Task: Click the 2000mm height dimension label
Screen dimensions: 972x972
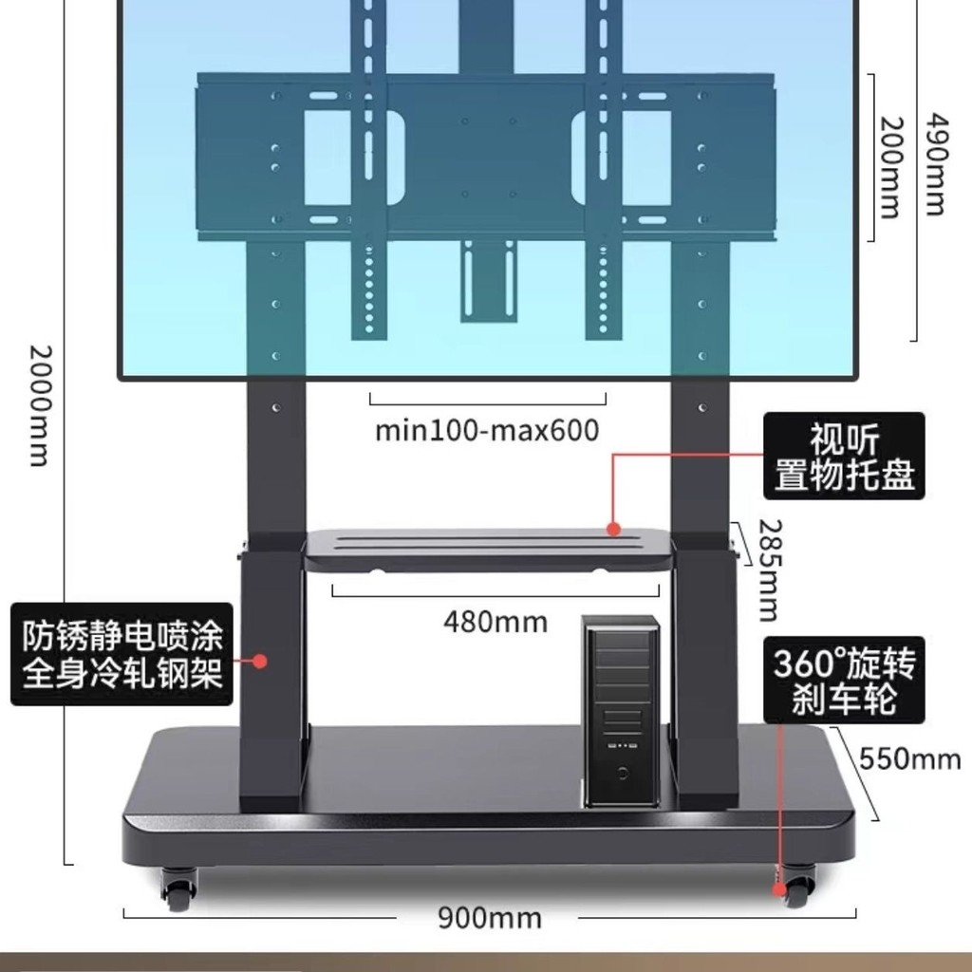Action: coord(41,405)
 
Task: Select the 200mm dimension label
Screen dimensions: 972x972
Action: coord(890,167)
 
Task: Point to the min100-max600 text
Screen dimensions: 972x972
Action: coord(487,430)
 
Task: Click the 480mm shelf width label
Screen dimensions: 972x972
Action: coord(495,622)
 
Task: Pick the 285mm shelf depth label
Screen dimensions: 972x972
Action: coord(769,570)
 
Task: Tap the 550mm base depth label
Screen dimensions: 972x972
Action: coord(910,758)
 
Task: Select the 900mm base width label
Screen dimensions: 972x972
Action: coord(490,918)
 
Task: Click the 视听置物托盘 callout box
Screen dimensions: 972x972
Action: coord(844,456)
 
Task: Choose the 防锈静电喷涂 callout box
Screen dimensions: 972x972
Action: coord(122,654)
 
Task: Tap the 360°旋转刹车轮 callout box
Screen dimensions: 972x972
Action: coord(844,680)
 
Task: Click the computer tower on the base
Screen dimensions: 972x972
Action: coord(621,710)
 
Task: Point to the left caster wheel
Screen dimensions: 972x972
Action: coord(179,888)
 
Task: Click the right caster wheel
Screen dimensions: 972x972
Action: coord(797,886)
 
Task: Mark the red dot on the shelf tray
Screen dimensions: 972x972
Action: coord(614,529)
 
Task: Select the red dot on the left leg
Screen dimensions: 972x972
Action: coord(260,662)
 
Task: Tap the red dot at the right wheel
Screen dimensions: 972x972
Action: coord(778,890)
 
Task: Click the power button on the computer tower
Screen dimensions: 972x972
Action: coord(622,773)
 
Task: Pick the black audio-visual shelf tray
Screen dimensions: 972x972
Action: coord(489,550)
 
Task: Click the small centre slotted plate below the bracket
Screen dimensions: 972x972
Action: coord(489,281)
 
